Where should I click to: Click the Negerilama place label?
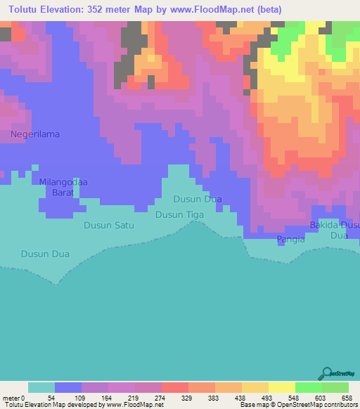coord(34,134)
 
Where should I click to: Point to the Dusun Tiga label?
coord(179,214)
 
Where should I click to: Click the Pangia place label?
coord(291,239)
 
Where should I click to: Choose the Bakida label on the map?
coord(323,225)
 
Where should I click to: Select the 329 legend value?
coord(188,398)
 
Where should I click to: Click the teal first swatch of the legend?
coord(41,388)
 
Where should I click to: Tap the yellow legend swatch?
coord(282,388)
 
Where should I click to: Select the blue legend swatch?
coord(68,388)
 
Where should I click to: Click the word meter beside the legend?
coord(11,398)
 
